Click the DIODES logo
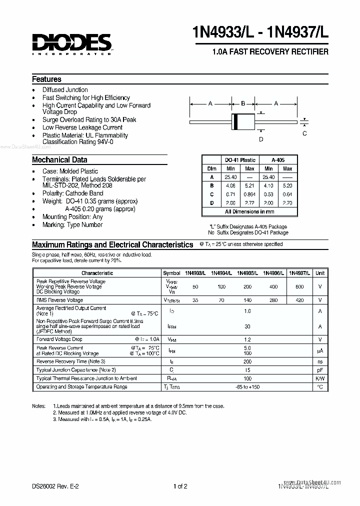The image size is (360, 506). coord(71,44)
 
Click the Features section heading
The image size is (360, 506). coord(46,79)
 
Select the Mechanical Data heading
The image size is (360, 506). coord(59,160)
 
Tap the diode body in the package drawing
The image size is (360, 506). coord(243,121)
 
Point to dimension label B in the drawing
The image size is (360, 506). coord(243,103)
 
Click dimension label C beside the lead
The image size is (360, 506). coord(305,133)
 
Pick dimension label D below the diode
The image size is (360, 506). coord(260,139)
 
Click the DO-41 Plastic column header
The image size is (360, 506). coord(240,160)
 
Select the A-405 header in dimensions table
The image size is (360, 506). coord(278,160)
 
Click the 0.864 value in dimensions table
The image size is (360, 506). coord(249,194)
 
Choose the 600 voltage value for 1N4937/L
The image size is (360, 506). coord(299,286)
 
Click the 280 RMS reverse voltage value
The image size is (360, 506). coord(272,300)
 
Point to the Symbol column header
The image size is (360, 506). coord(171,273)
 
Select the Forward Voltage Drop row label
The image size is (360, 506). coord(59,339)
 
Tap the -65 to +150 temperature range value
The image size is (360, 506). coord(246,387)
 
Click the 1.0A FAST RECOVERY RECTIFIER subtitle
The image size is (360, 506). coord(270,52)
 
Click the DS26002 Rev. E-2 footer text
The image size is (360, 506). coord(56,485)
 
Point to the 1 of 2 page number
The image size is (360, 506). coord(180,485)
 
